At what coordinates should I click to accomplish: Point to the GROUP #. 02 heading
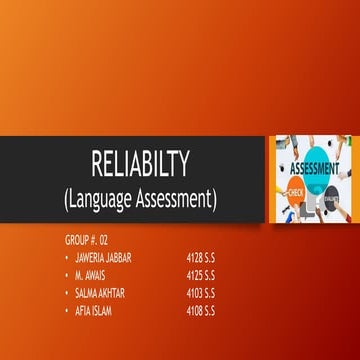84,240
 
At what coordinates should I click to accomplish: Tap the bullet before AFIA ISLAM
66,309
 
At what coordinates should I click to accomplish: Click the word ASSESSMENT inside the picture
318,168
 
